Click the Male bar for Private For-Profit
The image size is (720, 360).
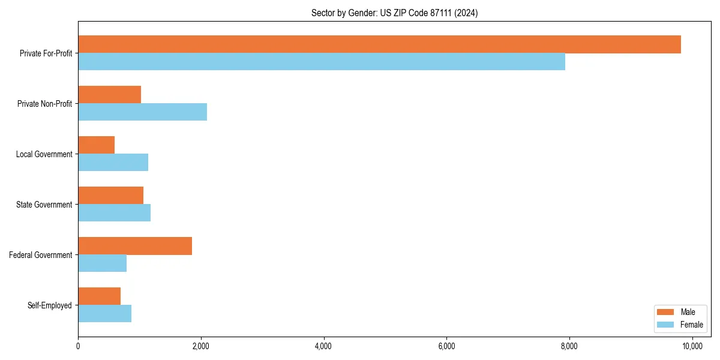pos(379,44)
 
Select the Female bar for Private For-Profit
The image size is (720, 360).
pos(322,62)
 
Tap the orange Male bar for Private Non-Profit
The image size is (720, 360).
pos(109,95)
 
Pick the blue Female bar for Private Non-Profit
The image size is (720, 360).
pos(142,112)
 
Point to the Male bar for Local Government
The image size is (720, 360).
pos(96,145)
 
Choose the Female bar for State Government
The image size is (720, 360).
pos(114,213)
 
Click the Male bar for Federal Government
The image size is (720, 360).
pos(135,246)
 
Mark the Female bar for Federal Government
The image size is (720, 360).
pos(102,263)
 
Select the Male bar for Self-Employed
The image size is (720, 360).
pos(99,296)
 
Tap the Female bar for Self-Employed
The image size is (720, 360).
pos(104,314)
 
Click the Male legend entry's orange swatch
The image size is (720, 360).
pos(666,312)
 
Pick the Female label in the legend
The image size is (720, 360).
pos(692,325)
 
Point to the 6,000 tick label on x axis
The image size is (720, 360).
pos(446,346)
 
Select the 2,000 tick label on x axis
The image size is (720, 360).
pos(200,346)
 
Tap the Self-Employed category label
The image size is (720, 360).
pos(50,305)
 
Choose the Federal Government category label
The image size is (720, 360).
pos(41,255)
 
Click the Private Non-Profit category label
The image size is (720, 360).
pos(45,104)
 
